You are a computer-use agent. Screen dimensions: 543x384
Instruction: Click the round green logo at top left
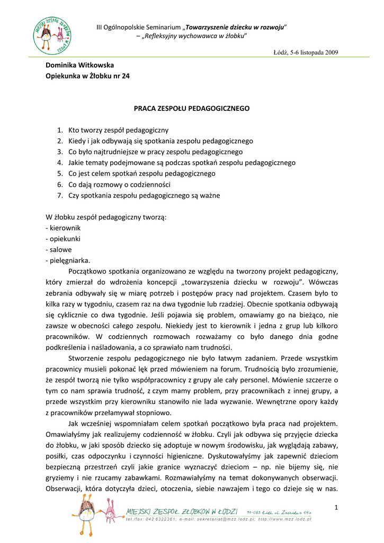click(x=52, y=35)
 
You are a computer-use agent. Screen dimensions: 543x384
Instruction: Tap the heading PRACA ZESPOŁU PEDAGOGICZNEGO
click(x=191, y=108)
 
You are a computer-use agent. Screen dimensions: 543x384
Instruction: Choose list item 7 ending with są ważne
click(x=144, y=195)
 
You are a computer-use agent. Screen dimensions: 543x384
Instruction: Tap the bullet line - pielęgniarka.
click(x=68, y=260)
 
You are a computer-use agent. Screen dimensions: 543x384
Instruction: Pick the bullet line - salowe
click(x=59, y=249)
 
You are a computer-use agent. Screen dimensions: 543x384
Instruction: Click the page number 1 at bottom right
click(x=336, y=509)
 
